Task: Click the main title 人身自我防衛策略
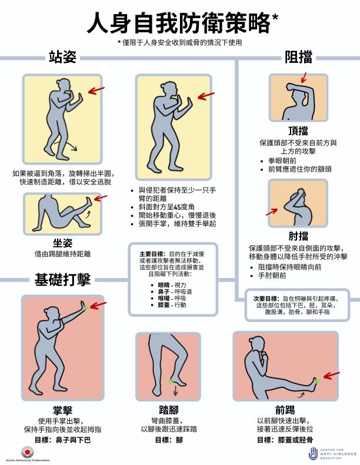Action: [179, 24]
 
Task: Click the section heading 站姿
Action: [64, 57]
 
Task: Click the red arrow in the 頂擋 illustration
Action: [304, 77]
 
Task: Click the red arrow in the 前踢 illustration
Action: [332, 376]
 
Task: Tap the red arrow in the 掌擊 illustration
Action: [98, 305]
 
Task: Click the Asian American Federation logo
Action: [26, 451]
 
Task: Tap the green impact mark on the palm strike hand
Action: [86, 307]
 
